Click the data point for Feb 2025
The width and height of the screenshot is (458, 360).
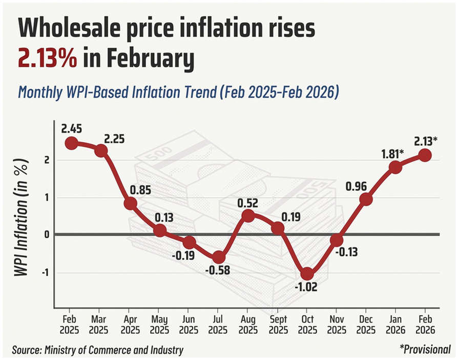coord(72,143)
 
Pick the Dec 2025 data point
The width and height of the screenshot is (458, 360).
coord(366,199)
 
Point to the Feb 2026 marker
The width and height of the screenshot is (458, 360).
coord(425,155)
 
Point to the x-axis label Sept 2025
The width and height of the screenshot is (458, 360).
coord(278,323)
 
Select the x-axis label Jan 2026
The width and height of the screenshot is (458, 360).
coord(395,323)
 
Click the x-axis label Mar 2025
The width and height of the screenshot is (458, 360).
coord(101,323)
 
